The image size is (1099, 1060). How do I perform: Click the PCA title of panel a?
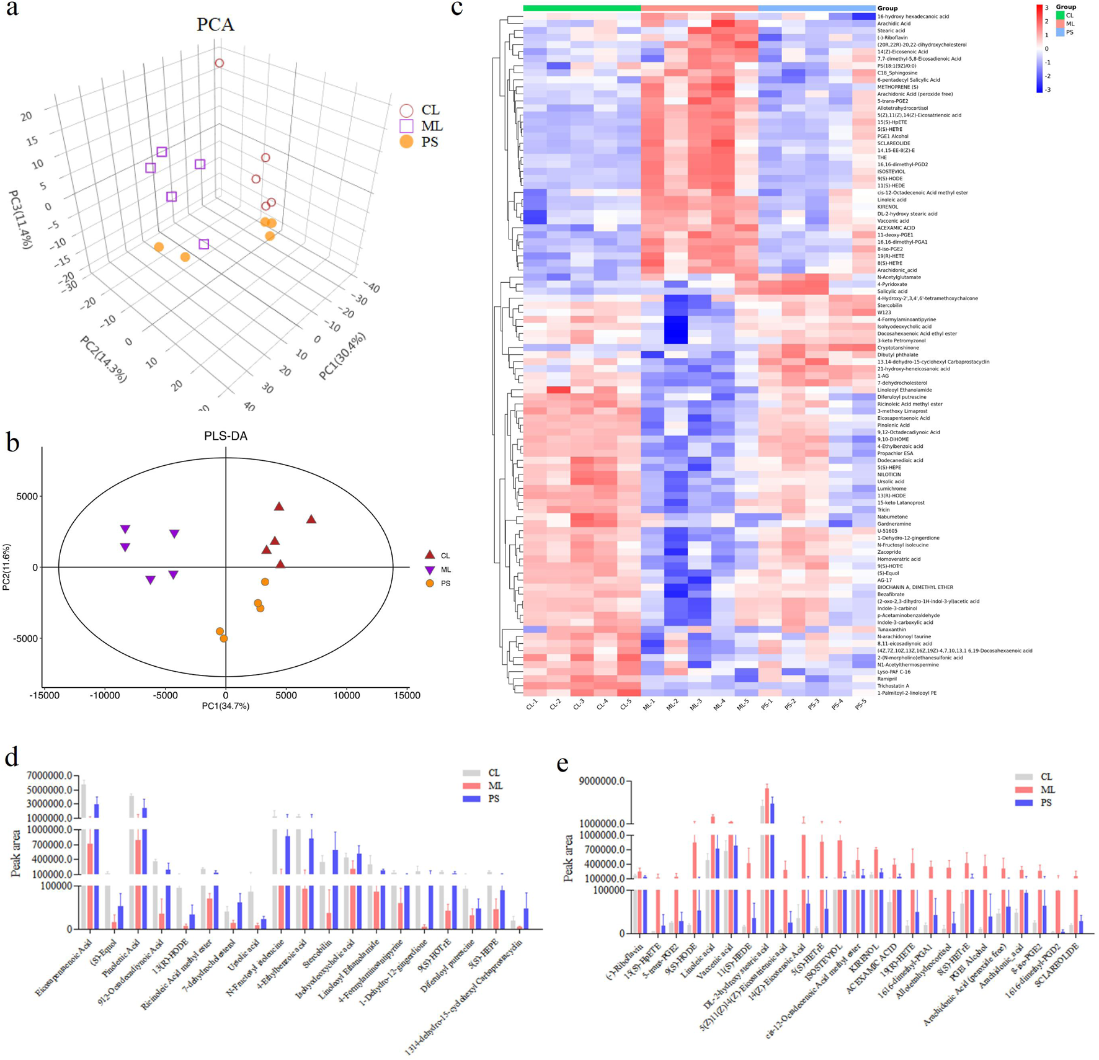(215, 25)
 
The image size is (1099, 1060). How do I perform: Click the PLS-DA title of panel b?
(225, 436)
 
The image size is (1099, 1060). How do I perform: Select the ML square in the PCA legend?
(406, 126)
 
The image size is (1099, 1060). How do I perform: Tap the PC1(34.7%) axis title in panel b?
(225, 706)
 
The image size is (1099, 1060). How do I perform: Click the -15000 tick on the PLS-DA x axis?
(45, 695)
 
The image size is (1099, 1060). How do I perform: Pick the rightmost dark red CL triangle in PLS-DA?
(311, 519)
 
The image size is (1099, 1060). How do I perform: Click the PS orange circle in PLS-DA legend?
(429, 584)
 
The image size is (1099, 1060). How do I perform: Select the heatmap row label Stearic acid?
(891, 30)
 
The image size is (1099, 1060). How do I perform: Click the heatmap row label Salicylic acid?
(892, 292)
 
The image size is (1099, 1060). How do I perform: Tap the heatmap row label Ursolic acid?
(891, 481)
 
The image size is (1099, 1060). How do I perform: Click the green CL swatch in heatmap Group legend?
(1060, 16)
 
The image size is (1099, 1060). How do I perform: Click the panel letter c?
(456, 9)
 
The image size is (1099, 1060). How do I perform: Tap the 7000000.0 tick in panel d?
(50, 776)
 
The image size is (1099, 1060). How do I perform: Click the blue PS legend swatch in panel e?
(1023, 803)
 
